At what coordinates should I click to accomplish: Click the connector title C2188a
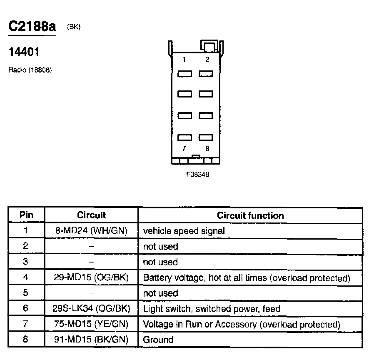tap(32, 26)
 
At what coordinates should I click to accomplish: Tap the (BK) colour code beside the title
tap(73, 27)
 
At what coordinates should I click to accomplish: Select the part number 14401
tap(24, 52)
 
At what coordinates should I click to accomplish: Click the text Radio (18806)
tap(30, 70)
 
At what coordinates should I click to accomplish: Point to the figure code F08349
tap(197, 174)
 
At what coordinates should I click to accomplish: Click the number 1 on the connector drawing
tap(184, 59)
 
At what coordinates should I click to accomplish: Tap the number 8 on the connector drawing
tap(207, 148)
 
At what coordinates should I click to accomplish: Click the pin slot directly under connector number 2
tap(206, 74)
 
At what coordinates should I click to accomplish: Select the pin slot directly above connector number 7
tap(185, 137)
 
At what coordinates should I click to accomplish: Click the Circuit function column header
tap(250, 215)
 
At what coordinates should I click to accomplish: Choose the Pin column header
tap(26, 215)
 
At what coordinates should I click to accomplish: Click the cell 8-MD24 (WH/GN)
tap(91, 230)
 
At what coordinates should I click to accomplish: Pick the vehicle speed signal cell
tap(184, 231)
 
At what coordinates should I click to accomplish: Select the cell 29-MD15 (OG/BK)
tap(91, 277)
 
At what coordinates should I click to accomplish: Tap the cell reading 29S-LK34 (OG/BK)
tap(91, 309)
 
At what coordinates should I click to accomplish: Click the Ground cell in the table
tap(158, 340)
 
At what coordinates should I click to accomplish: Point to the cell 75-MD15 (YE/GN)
tap(91, 324)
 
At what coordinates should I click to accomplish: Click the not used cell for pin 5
tap(160, 293)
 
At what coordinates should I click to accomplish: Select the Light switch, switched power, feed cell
tap(212, 309)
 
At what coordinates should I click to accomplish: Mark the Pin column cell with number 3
tap(26, 262)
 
